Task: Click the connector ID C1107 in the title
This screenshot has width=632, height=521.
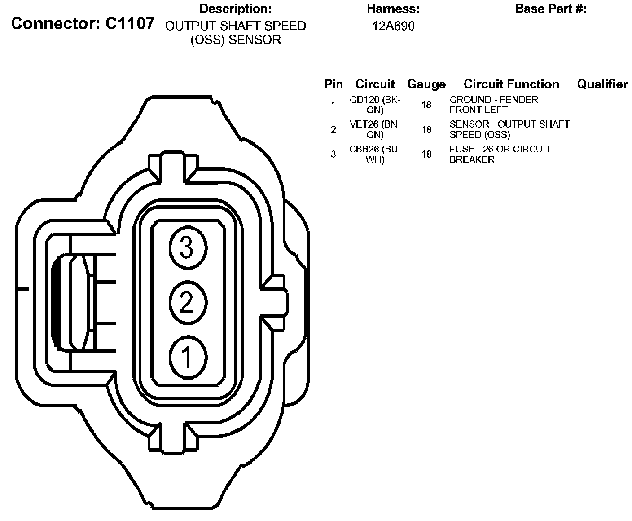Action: click(x=130, y=24)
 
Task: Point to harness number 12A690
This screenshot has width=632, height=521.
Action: click(x=393, y=26)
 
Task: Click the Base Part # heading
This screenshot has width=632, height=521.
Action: click(x=550, y=9)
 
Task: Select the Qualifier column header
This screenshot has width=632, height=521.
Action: click(x=602, y=84)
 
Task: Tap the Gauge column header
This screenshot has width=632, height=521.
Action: click(x=426, y=84)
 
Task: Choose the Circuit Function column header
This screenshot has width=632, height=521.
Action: click(x=511, y=84)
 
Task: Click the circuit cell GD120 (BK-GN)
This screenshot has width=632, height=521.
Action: click(x=375, y=105)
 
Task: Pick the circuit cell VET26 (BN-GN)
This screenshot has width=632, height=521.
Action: click(x=375, y=129)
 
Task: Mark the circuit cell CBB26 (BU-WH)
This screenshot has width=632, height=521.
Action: click(x=375, y=154)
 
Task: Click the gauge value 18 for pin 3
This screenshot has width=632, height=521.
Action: click(x=426, y=154)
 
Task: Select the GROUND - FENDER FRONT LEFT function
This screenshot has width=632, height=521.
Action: click(x=494, y=105)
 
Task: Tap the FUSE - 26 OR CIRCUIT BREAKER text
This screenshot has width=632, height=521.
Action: click(x=500, y=154)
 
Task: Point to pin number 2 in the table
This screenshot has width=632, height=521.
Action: click(x=333, y=130)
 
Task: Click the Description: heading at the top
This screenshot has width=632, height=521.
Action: click(x=236, y=9)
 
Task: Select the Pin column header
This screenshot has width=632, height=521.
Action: click(x=334, y=84)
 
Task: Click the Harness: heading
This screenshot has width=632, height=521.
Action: click(x=393, y=9)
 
